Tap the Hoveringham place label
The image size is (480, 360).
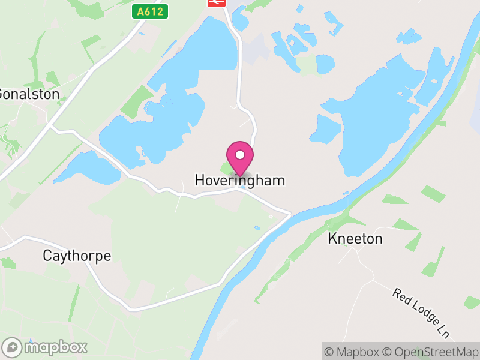(x=239, y=181)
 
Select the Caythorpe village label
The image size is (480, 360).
(x=77, y=256)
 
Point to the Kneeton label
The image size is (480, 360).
(x=355, y=239)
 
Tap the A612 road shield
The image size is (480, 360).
(x=149, y=11)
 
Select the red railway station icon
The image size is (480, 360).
(x=216, y=2)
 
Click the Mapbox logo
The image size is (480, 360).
(x=45, y=347)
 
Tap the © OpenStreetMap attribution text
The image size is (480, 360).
(x=431, y=352)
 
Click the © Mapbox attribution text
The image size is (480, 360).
(x=352, y=352)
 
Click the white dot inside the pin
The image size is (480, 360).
(x=239, y=155)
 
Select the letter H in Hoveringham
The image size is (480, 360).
(x=200, y=181)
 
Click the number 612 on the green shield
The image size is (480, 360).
(x=154, y=11)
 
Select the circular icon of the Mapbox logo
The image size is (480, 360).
(x=13, y=347)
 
